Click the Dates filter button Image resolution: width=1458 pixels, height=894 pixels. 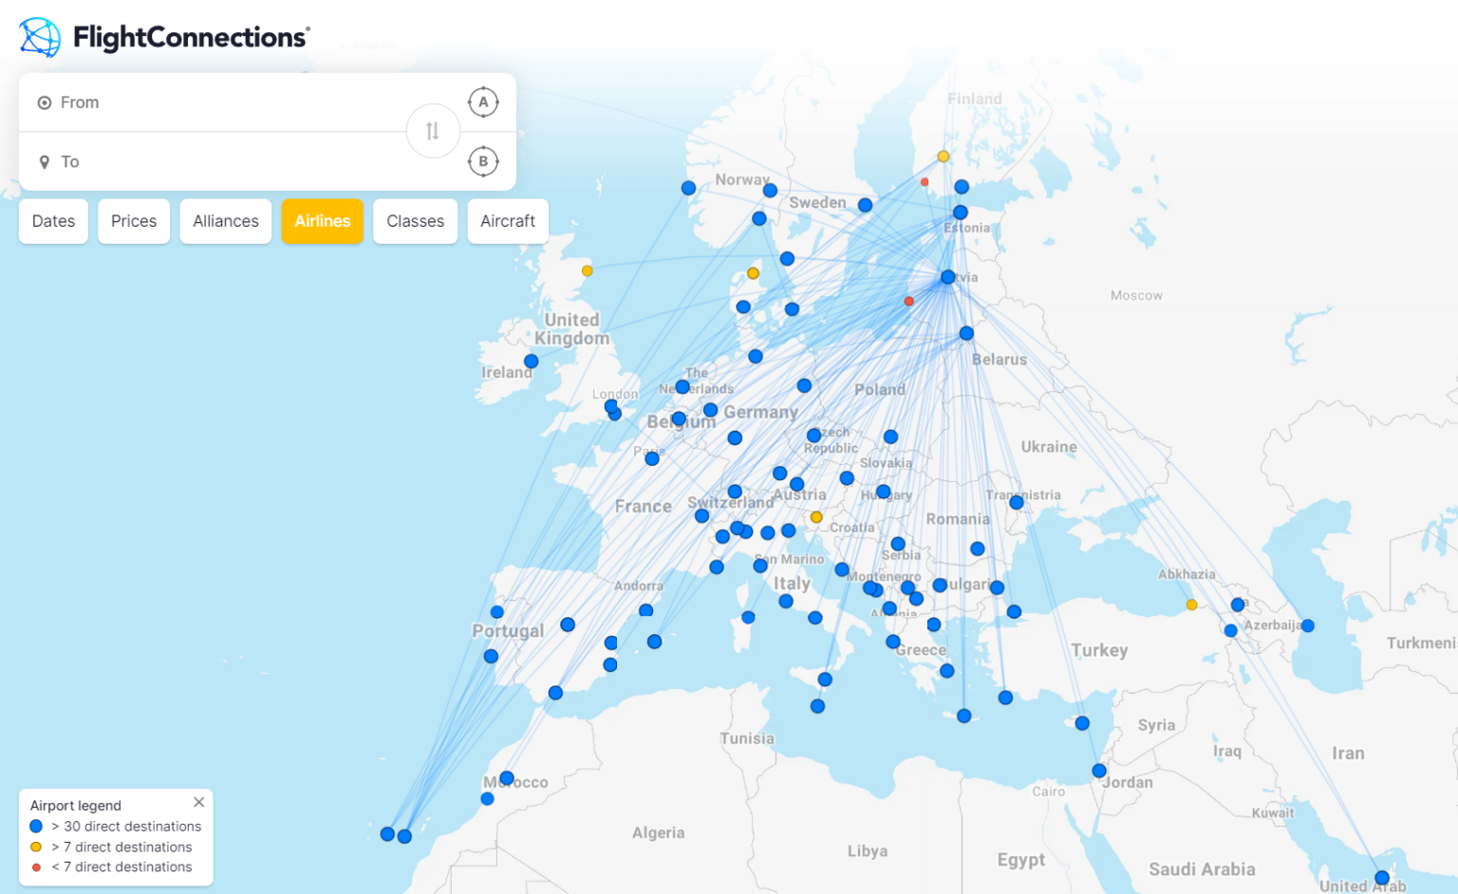point(53,221)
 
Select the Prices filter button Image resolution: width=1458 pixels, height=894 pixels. point(134,221)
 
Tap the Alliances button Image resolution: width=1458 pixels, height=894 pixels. point(226,221)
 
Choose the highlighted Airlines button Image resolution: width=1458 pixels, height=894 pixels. point(323,221)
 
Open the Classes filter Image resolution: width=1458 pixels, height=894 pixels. point(415,221)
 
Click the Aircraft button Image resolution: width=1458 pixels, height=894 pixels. point(508,221)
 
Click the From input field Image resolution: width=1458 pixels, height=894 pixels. point(218,102)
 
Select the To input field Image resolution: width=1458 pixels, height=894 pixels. point(218,162)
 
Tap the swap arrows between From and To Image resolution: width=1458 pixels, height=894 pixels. point(433,131)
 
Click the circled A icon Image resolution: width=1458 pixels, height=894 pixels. point(483,102)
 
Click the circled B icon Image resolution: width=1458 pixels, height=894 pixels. point(483,161)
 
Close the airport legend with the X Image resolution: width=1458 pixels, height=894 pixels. point(198,803)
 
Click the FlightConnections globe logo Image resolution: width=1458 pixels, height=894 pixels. point(40,37)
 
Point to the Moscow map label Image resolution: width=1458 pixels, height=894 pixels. point(1136,296)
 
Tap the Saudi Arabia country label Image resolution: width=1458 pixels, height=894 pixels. point(1202,869)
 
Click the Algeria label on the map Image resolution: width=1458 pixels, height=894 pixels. point(658,833)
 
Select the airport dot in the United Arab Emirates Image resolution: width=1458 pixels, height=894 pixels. point(1382,878)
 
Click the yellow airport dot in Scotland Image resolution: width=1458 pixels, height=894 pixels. point(588,271)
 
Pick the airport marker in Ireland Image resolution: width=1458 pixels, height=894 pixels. point(532,362)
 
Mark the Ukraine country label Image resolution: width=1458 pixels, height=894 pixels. point(1049,447)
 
